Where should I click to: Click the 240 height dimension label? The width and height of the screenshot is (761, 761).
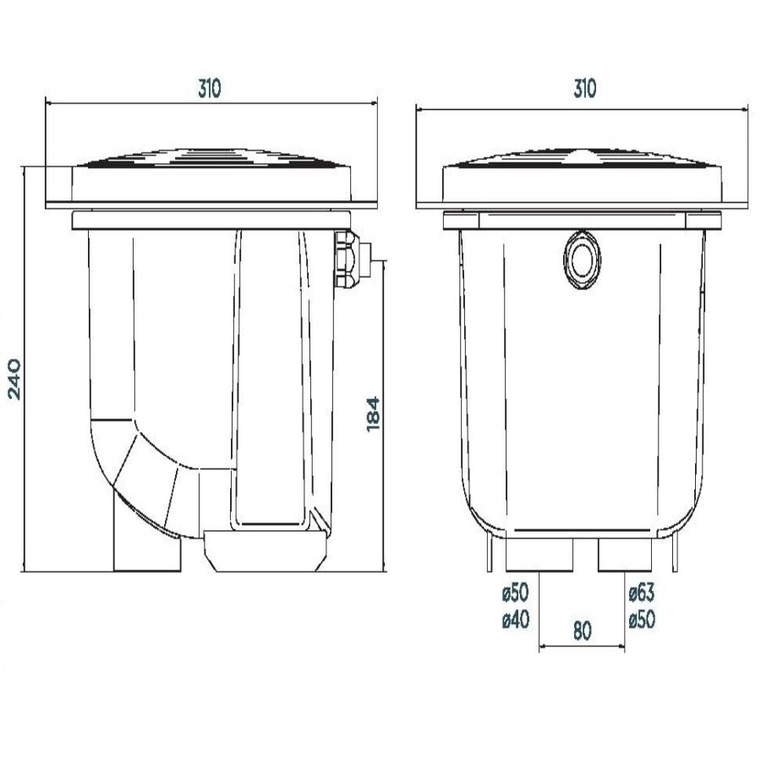[x=14, y=379]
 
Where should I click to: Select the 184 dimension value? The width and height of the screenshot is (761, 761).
[x=373, y=414]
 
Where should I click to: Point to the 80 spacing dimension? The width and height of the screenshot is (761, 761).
[x=583, y=631]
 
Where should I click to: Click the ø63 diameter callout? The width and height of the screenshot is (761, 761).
[x=642, y=592]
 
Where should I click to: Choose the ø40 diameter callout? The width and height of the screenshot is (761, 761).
[x=516, y=619]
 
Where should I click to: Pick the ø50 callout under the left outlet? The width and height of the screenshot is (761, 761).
[x=516, y=592]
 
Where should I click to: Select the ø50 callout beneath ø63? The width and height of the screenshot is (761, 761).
[x=642, y=619]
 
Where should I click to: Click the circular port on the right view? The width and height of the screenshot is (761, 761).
[x=582, y=260]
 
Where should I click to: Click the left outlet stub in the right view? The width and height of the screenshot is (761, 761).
[x=539, y=555]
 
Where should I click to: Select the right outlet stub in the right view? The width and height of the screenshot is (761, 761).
[x=624, y=555]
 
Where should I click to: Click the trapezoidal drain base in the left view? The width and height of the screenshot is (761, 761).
[x=265, y=550]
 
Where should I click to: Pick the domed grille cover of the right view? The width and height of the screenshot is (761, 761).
[x=583, y=158]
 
